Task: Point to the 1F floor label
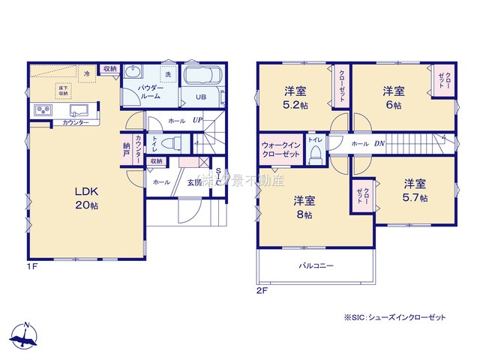coord(32,266)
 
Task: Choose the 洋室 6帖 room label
coord(394,97)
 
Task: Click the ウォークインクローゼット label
coord(280,148)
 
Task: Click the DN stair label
coord(379,142)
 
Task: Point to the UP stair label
coord(197,120)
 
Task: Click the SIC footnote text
coord(394,317)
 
